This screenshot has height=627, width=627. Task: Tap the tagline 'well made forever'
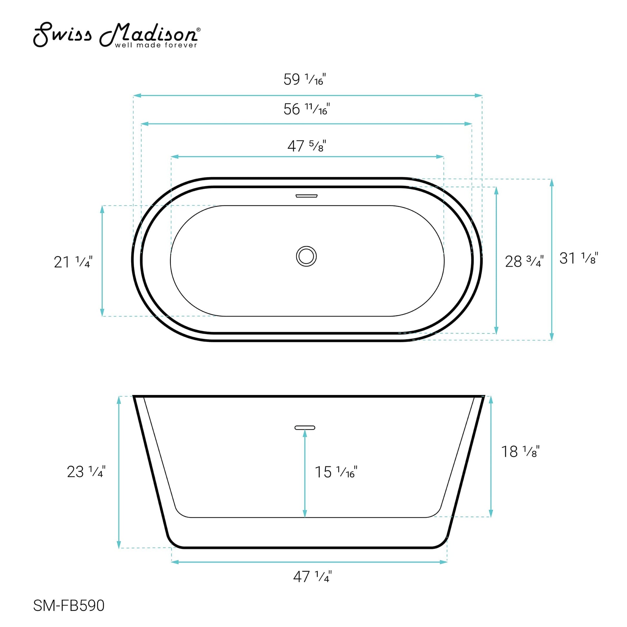point(156,45)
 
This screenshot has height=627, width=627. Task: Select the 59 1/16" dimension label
point(304,80)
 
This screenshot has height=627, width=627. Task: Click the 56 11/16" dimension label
point(306,109)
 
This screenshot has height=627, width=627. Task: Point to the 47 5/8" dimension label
point(306,146)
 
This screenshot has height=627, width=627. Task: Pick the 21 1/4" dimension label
point(73,262)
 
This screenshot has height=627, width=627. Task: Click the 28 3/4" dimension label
point(524,261)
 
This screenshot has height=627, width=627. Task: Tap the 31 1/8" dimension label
point(578,258)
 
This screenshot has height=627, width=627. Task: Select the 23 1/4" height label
point(86,472)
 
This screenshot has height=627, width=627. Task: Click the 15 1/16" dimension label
point(335,472)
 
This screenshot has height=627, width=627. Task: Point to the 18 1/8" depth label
point(520,452)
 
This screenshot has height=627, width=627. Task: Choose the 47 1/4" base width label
point(312,577)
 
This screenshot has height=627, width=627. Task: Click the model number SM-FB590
point(69,606)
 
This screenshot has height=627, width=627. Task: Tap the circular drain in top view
point(306,256)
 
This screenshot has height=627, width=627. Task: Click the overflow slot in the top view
point(306,196)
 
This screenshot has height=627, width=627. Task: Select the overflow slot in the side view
point(305,428)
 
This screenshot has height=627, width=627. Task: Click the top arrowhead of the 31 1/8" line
point(552,183)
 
